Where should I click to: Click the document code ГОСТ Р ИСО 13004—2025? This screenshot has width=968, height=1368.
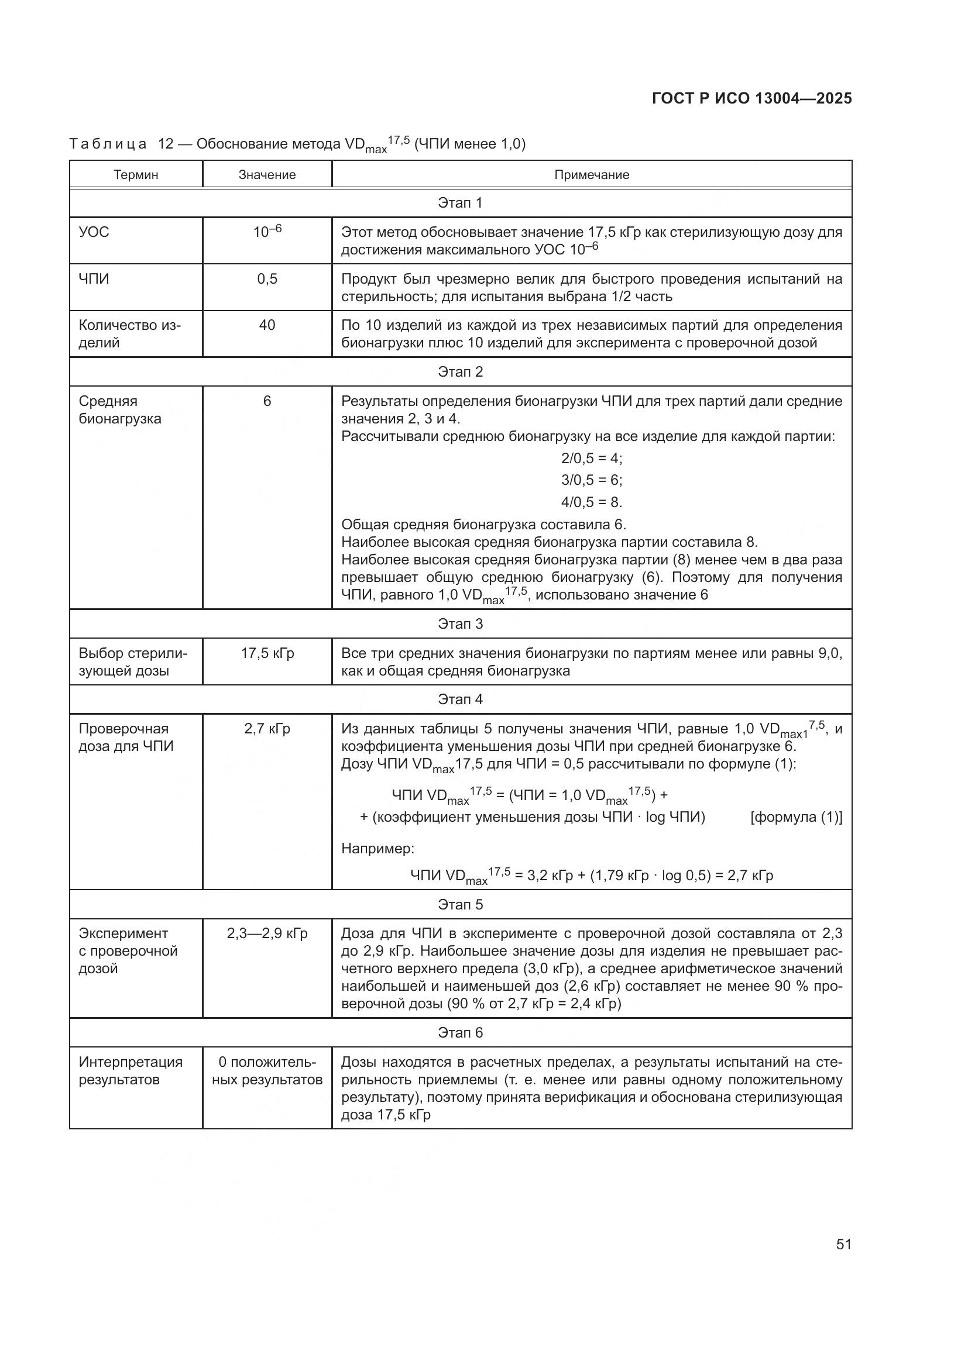(x=751, y=99)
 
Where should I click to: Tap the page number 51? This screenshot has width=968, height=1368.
(x=843, y=1244)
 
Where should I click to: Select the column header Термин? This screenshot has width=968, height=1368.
(x=136, y=174)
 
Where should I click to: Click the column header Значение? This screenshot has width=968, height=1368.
(x=267, y=174)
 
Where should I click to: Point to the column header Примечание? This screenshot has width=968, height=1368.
(x=591, y=174)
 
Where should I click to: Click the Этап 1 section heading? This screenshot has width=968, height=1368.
(x=460, y=202)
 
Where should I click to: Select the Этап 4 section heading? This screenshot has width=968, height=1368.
(x=460, y=699)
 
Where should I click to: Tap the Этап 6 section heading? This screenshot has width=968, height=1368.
(x=460, y=1032)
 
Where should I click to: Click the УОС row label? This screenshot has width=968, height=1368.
(x=94, y=232)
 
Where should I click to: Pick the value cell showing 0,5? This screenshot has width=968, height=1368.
(x=267, y=279)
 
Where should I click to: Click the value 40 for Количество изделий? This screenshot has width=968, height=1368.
(x=267, y=325)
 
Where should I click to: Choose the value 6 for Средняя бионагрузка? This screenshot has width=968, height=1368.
(x=267, y=401)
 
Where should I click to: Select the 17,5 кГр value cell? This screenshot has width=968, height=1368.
(x=267, y=653)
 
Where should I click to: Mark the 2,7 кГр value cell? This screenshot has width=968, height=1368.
(x=267, y=729)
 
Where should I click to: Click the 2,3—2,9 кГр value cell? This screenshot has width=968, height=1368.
(x=267, y=933)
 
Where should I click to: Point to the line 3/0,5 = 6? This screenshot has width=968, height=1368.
(x=591, y=480)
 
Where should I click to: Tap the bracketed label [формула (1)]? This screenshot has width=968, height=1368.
(x=797, y=817)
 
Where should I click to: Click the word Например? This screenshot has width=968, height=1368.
(x=377, y=848)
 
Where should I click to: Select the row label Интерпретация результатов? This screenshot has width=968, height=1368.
(x=131, y=1071)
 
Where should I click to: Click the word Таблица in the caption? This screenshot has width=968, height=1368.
(x=108, y=144)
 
